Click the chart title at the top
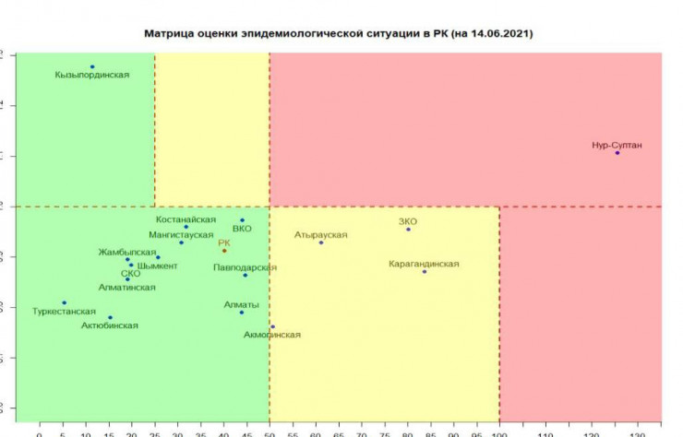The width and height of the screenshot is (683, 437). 339,32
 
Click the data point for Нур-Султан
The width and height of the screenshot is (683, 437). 617,152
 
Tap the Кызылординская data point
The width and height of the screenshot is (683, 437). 92,66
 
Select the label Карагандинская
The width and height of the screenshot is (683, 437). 425,264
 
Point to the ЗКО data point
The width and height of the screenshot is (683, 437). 408,229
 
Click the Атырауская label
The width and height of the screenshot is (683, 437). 321,235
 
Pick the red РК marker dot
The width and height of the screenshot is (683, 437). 223,251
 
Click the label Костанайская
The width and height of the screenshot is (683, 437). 186,219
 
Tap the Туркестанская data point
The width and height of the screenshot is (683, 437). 64,302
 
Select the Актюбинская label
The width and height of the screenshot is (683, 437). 110,325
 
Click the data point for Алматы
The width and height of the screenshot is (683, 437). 242,313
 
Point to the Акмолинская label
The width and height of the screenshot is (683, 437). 272,335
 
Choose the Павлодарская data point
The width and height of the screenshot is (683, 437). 245,275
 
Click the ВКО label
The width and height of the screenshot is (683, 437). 242,229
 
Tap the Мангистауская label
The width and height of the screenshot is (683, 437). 181,235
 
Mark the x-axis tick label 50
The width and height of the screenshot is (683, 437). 270,431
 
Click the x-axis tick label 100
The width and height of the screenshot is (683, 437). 499,431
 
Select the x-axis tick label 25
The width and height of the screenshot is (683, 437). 154,431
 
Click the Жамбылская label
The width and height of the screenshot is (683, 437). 127,252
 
